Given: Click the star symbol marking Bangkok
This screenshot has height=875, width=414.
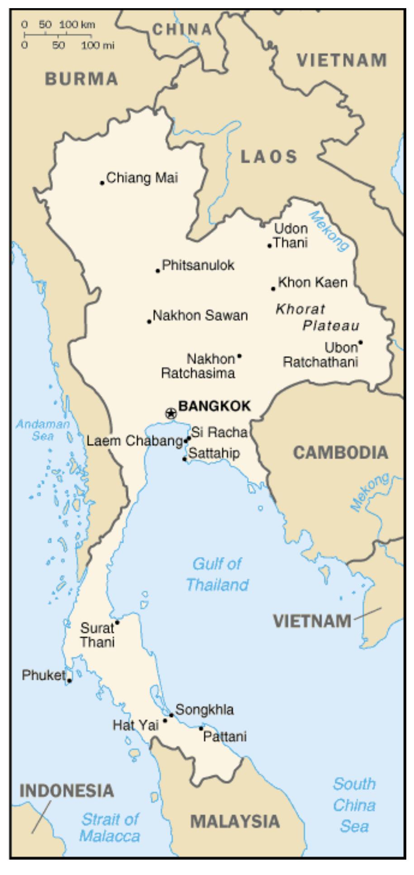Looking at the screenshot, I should [x=171, y=413].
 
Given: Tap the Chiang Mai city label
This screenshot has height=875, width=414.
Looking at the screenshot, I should [x=142, y=178].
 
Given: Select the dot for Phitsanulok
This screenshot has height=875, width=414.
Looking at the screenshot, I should [x=158, y=271].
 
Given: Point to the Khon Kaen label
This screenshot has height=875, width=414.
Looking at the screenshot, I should [x=313, y=282].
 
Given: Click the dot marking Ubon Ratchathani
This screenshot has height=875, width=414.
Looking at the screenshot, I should [x=361, y=342].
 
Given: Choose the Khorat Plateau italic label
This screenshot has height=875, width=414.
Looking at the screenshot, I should [x=317, y=317].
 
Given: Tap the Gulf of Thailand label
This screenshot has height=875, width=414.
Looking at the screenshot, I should [x=217, y=574].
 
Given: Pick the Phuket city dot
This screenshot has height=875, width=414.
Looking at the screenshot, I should [x=69, y=680].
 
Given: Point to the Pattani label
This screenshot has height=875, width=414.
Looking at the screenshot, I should [x=224, y=737].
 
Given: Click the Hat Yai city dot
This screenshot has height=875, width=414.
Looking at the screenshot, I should [x=165, y=720].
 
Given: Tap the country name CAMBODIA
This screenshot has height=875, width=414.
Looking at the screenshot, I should [x=340, y=452].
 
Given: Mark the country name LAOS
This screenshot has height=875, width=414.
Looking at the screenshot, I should [x=269, y=157].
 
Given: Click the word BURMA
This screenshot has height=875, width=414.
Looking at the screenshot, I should [x=81, y=79].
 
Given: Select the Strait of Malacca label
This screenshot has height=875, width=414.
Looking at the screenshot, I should [x=110, y=827].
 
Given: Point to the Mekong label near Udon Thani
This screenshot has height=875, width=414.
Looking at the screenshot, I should [x=330, y=231].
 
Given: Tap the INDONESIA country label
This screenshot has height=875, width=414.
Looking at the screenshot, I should [x=66, y=791].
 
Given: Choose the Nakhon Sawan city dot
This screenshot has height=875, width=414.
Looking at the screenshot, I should [x=149, y=321].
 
